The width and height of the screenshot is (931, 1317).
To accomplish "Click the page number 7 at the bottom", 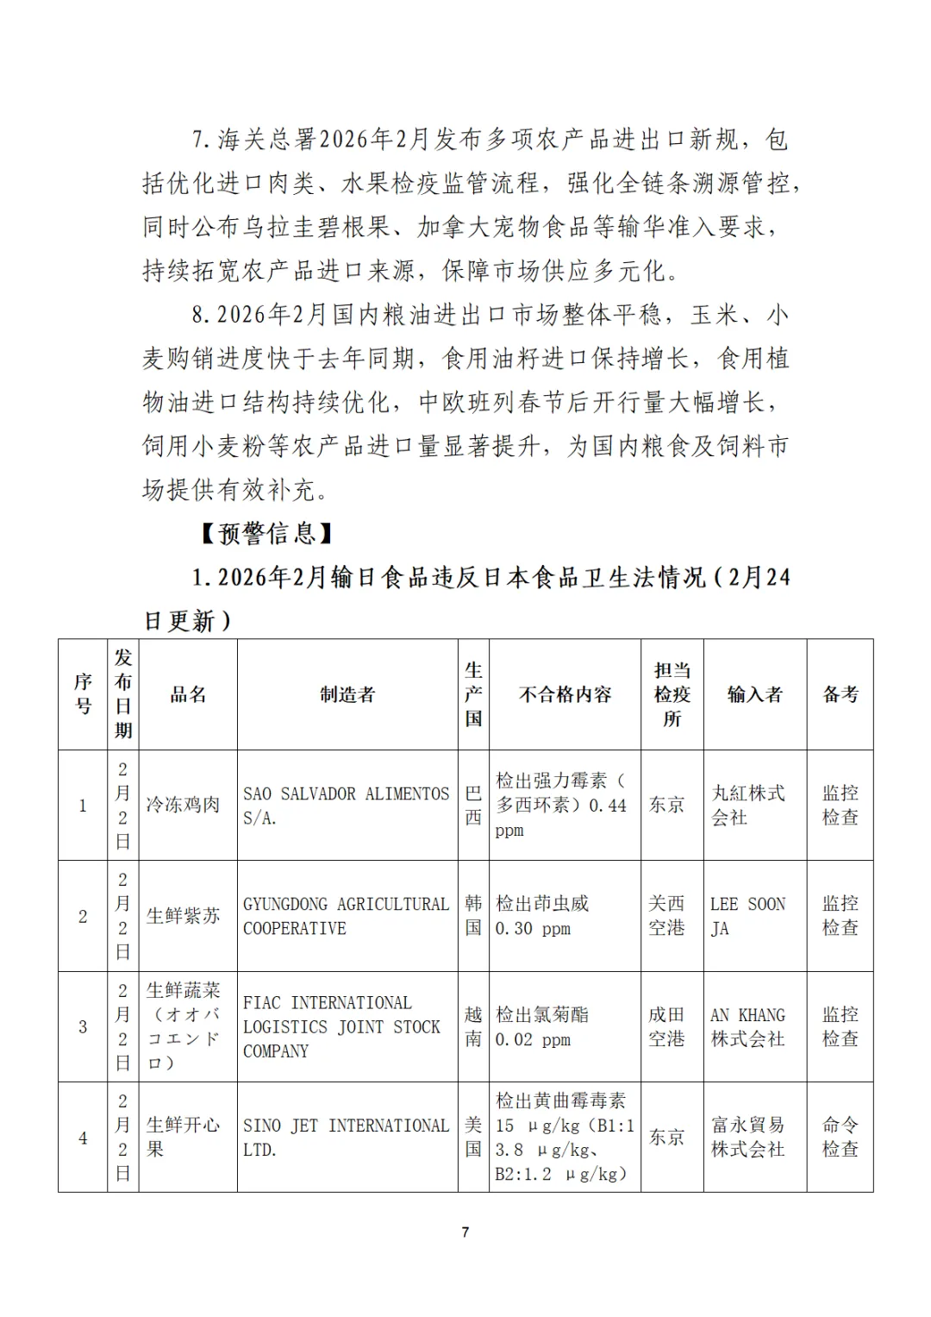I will pos(465,1232).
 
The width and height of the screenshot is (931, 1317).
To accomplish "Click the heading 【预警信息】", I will pos(266,533).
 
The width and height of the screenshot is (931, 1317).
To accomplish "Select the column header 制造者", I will pos(347,694).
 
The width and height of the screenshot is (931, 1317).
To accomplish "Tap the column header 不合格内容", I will pos(565,694).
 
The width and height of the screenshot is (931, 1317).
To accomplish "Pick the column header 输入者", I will pos(754,694).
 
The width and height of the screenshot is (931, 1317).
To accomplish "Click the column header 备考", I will pos(840,694).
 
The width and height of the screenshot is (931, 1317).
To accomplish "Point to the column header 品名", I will pos(188,694).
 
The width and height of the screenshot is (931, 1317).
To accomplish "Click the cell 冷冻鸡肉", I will pos(183,805).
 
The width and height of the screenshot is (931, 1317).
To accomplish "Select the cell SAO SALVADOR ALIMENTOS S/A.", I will pos(346,806).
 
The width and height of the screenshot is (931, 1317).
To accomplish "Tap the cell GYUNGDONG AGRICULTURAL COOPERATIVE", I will pos(346,916).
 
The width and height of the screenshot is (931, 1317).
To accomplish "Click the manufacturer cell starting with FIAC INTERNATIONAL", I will pos(341,1026).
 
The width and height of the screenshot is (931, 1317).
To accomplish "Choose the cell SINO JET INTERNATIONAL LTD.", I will pos(346,1137).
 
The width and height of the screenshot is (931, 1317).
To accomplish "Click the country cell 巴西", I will pos(473,805).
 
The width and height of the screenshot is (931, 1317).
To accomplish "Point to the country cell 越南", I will pos(473,1026).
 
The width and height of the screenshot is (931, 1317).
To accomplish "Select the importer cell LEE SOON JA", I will pos(747,916).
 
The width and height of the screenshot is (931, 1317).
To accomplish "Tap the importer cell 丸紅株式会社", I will pos(747,805).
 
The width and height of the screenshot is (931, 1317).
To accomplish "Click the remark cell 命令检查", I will pos(840,1137).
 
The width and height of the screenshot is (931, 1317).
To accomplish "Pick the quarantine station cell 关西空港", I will pos(666,915).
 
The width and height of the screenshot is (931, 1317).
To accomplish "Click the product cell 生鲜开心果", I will pos(183,1137).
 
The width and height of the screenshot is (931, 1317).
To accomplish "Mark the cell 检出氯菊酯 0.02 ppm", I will pos(541,1026).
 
